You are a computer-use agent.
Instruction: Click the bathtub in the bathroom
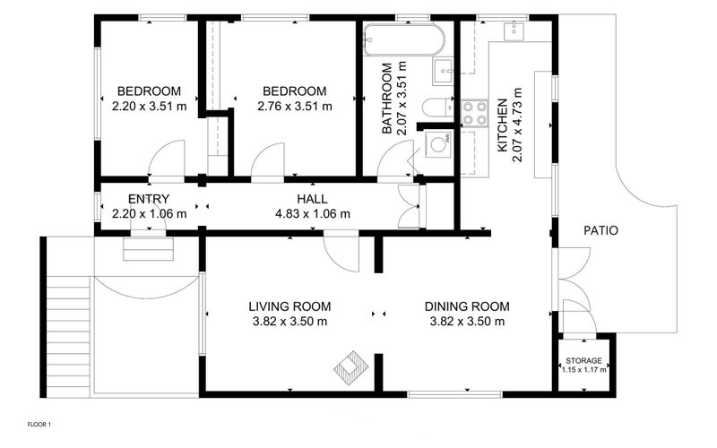(404, 39)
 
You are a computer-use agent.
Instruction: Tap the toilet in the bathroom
(437, 108)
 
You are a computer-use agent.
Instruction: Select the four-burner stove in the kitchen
(474, 114)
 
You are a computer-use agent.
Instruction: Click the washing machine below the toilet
(438, 144)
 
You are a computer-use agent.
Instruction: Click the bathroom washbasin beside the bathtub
(443, 72)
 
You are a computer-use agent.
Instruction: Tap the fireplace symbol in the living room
(350, 367)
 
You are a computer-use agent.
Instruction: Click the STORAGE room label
(583, 361)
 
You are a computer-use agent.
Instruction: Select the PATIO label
(600, 230)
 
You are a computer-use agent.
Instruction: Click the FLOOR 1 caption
(39, 424)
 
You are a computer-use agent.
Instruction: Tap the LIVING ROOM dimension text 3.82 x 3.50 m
(289, 322)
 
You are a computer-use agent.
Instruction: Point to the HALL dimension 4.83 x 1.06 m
(313, 213)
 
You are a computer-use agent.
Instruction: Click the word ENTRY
(149, 199)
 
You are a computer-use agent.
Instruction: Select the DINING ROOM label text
(467, 306)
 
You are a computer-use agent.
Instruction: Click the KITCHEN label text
(502, 125)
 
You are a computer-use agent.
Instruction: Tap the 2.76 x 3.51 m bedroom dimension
(295, 106)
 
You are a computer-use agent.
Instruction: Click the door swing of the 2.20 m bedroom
(167, 159)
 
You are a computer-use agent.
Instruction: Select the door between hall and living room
(341, 254)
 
